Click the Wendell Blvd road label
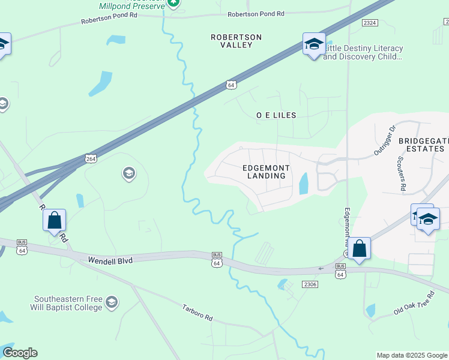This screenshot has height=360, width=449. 110,260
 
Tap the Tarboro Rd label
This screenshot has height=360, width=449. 197,312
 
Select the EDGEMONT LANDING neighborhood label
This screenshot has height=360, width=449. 266,172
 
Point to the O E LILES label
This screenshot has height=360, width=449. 276,115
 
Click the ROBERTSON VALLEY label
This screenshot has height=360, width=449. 236,41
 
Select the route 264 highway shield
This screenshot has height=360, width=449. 91,158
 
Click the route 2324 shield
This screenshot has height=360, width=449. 370,22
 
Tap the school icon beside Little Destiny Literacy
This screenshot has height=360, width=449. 314,45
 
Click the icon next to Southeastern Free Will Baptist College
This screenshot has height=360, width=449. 112,303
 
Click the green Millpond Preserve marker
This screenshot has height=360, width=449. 173,3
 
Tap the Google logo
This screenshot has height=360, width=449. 20,353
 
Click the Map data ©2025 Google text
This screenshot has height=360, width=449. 412,355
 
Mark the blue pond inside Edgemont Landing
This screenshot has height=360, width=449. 303,183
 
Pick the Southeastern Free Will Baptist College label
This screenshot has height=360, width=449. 67,303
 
